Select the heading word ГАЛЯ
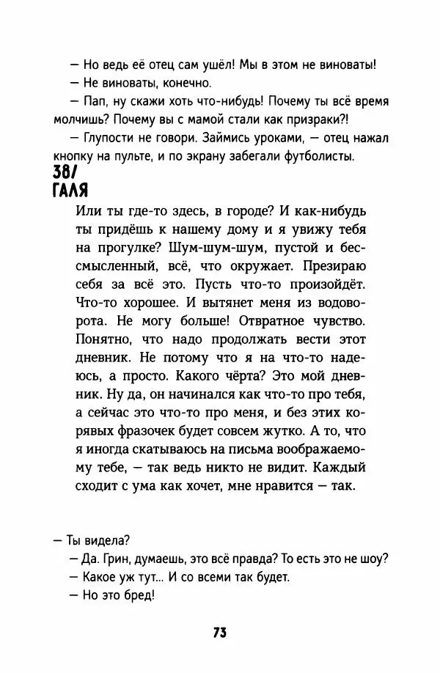click(71, 191)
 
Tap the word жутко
click(274, 430)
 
